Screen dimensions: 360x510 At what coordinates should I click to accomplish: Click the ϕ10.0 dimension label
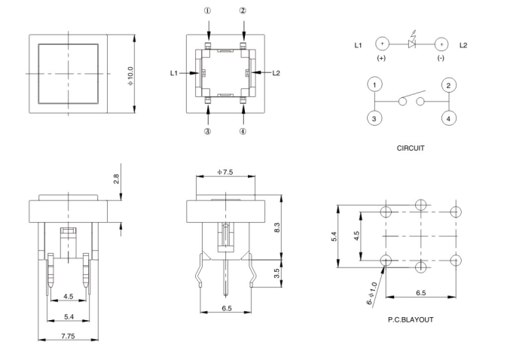tap(131, 74)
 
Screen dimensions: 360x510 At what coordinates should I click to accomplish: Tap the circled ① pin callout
tap(208, 12)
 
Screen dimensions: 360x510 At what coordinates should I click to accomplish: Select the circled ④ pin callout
tap(243, 131)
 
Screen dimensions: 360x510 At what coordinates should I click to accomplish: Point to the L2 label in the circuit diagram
tap(463, 45)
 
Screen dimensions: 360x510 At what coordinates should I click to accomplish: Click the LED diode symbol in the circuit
tap(411, 44)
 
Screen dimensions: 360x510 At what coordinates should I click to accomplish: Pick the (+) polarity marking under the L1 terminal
tap(381, 58)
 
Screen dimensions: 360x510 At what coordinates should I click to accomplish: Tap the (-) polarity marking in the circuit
tap(441, 58)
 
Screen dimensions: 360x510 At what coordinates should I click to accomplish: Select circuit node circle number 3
tap(374, 118)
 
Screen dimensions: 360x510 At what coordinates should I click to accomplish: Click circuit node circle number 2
tap(447, 85)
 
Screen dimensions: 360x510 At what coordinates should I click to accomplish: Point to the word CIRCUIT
tap(411, 148)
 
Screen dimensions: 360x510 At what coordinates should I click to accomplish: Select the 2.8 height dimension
tap(116, 178)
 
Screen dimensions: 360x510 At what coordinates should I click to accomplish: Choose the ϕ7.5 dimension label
tap(225, 171)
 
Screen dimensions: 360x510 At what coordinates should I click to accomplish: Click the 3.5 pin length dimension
tap(278, 273)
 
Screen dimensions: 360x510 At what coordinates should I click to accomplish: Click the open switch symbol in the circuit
tap(411, 101)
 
